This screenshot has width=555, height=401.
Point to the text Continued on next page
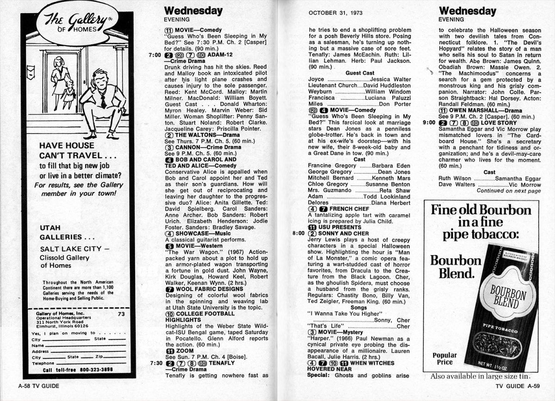(508, 191)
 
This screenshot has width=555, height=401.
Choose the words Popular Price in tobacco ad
(444, 359)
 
